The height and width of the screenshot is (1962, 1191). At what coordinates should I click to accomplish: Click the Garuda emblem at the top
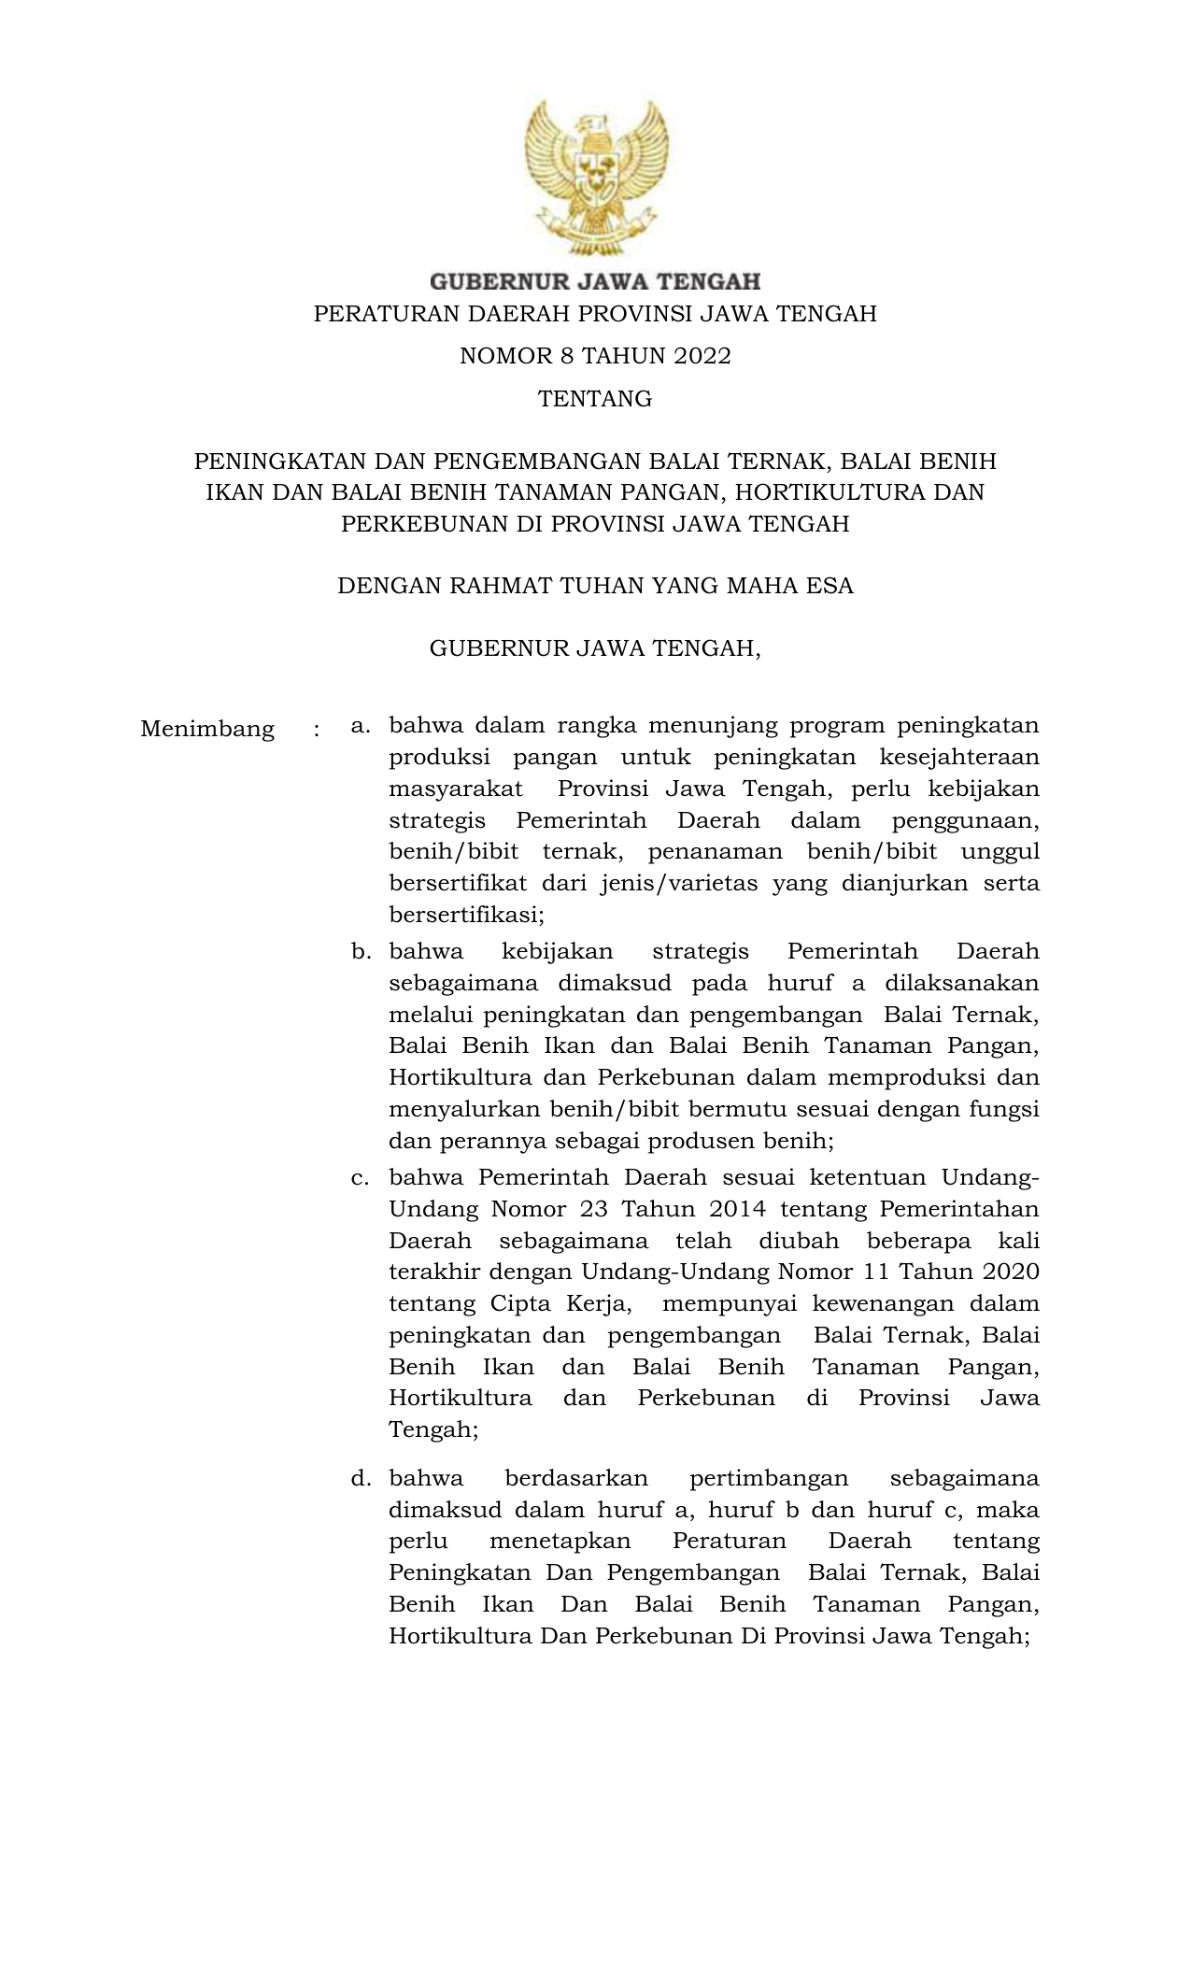(x=596, y=178)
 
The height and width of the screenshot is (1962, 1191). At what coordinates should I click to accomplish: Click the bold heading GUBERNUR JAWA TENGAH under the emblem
(x=595, y=280)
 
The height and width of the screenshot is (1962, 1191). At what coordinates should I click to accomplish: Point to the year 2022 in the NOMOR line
(x=699, y=356)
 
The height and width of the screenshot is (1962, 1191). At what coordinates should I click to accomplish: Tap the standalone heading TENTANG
(x=595, y=399)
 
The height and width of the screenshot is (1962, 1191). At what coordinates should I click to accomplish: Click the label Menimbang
(x=207, y=729)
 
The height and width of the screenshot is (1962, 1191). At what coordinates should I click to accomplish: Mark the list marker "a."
(x=361, y=726)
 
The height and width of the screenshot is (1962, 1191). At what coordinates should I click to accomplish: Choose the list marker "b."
(x=361, y=952)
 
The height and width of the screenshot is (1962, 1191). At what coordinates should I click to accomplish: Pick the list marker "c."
(x=361, y=1178)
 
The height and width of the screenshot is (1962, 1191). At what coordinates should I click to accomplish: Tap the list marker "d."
(x=361, y=1479)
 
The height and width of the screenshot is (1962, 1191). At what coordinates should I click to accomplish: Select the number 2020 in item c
(x=1007, y=1272)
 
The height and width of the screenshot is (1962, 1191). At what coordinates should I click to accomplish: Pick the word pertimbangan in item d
(x=768, y=1478)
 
